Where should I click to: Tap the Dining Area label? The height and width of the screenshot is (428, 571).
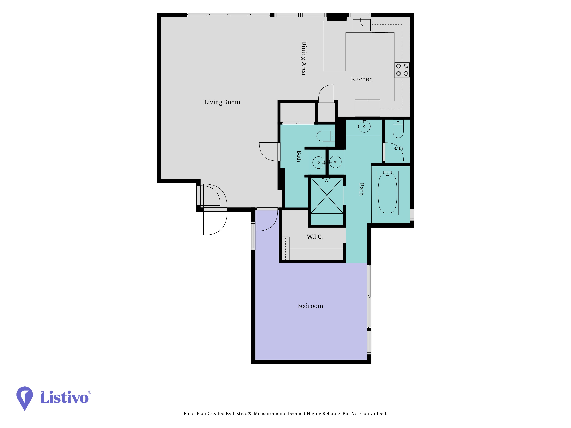click(304, 58)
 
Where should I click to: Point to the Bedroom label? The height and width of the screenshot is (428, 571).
click(310, 306)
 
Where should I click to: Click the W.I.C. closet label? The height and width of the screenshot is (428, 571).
click(315, 237)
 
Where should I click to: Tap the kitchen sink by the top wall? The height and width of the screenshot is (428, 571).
click(361, 25)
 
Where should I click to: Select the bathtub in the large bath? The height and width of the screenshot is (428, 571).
click(387, 193)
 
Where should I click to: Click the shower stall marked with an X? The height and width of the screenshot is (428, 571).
click(327, 195)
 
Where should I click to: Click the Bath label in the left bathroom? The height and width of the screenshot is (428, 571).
click(299, 156)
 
